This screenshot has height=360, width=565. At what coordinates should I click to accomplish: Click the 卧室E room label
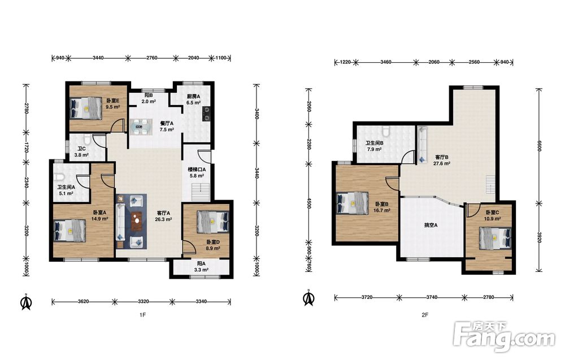click(x=112, y=101)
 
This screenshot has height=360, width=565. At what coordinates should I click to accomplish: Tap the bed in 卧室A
click(x=70, y=231)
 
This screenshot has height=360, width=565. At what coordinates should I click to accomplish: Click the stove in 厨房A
click(x=206, y=114)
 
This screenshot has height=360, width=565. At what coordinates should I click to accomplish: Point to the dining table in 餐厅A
click(x=141, y=127)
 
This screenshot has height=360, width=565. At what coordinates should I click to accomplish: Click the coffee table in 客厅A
click(x=137, y=222)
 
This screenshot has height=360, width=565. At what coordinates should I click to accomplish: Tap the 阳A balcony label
click(x=201, y=263)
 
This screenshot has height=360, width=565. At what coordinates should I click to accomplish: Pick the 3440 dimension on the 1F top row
click(x=98, y=58)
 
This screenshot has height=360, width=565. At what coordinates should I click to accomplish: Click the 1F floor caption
click(x=143, y=315)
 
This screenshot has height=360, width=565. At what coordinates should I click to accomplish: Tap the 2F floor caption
click(x=425, y=315)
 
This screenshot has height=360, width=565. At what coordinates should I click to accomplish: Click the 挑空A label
click(x=431, y=225)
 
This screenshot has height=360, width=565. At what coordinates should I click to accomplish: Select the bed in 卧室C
click(x=495, y=237)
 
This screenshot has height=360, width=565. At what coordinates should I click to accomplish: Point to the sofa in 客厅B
click(x=422, y=145)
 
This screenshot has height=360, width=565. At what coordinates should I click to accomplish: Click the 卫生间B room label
click(x=374, y=143)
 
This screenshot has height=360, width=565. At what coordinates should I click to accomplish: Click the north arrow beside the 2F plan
click(x=308, y=298)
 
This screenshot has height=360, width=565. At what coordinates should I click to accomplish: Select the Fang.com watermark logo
click(x=505, y=337)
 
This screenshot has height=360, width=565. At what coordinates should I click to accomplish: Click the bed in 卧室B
click(x=353, y=203)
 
